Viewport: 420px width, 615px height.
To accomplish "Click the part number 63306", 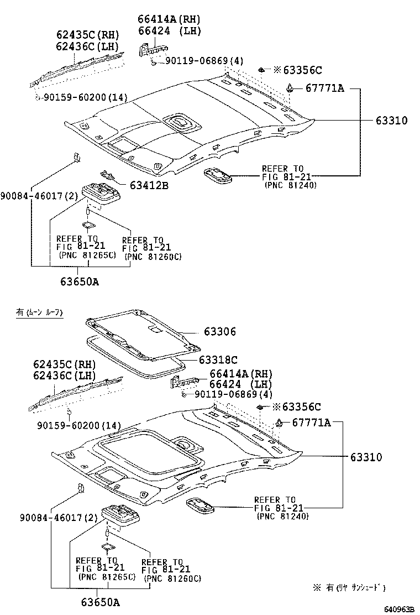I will pyautogui.click(x=219, y=332).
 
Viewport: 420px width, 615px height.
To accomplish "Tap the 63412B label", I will pyautogui.click(x=149, y=185).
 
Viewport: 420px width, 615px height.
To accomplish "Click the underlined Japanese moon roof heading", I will pyautogui.click(x=39, y=313).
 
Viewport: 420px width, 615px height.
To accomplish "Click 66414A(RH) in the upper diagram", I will pyautogui.click(x=169, y=19).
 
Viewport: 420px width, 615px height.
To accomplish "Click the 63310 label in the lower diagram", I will pyautogui.click(x=366, y=457).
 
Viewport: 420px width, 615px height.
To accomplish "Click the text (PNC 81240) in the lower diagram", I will pyautogui.click(x=282, y=516).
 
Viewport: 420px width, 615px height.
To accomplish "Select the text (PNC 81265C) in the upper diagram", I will pyautogui.click(x=87, y=255).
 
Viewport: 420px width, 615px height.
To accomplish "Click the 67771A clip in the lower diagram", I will pyautogui.click(x=281, y=424).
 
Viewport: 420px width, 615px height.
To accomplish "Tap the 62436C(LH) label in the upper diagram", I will pyautogui.click(x=87, y=46).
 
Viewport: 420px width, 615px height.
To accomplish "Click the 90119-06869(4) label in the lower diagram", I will pyautogui.click(x=234, y=394).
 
